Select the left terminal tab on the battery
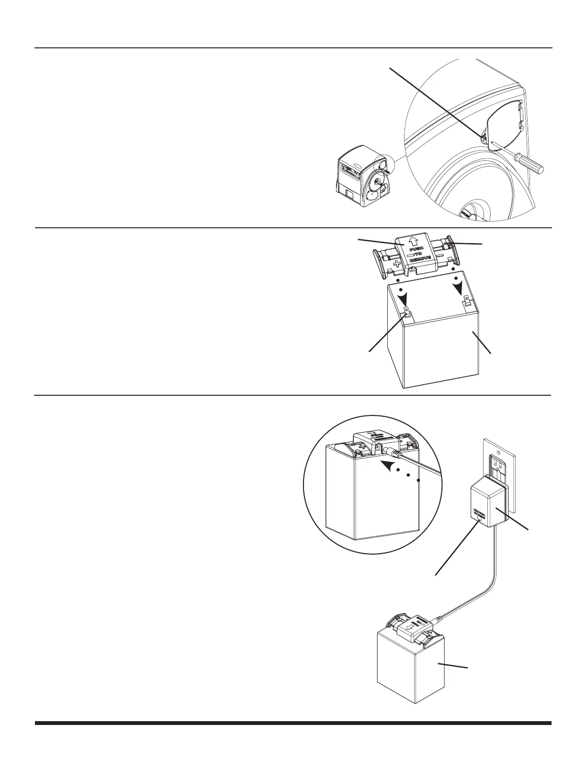click(x=407, y=312)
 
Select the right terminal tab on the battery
click(x=467, y=302)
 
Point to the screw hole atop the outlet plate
click(x=498, y=450)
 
